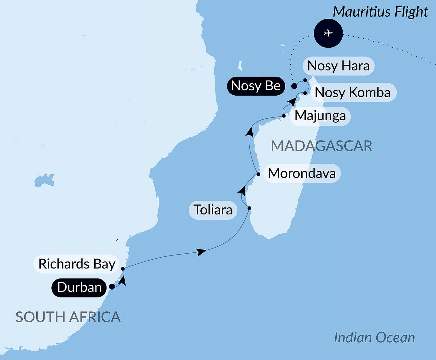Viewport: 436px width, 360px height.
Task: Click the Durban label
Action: click(x=79, y=287)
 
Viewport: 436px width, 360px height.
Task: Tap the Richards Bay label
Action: click(x=77, y=264)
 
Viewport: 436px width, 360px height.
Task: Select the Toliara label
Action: click(x=213, y=210)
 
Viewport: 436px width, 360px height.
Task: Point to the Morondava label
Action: click(x=302, y=173)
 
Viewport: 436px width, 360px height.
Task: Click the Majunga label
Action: click(x=320, y=116)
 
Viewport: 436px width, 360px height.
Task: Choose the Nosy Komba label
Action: click(x=353, y=93)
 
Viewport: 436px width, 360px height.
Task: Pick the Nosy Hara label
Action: click(x=338, y=66)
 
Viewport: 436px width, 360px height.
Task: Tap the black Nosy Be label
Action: click(x=256, y=86)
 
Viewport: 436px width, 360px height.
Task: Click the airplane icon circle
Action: click(x=328, y=33)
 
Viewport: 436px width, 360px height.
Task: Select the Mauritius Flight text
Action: click(x=380, y=12)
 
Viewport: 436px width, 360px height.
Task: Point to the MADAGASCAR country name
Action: click(x=321, y=146)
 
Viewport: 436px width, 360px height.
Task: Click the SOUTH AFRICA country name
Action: click(x=68, y=317)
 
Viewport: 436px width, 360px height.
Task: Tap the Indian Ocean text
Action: click(x=374, y=338)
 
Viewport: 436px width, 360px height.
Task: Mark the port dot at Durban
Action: click(x=112, y=287)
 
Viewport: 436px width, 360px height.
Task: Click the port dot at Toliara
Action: click(x=250, y=208)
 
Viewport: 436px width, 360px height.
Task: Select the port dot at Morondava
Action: click(x=258, y=174)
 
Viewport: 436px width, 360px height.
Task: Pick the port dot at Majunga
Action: click(x=284, y=116)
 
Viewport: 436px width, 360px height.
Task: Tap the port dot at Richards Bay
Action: click(x=123, y=269)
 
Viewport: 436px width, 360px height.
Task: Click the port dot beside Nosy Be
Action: click(x=294, y=86)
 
